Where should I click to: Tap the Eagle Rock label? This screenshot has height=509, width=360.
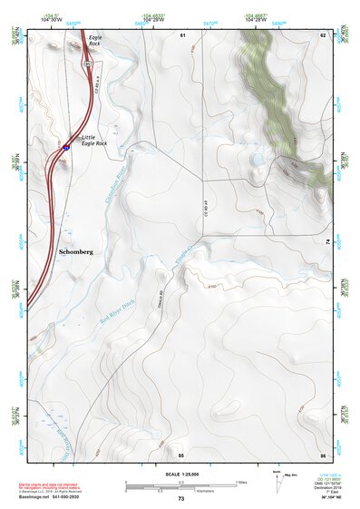coord(95,40)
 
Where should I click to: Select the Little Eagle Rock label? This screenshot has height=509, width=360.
coord(94,140)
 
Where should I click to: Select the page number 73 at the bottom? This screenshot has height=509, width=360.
coord(180,499)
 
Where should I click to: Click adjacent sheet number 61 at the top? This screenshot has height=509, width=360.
coord(181,34)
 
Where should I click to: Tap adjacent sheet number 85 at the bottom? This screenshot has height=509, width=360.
coord(180,454)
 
